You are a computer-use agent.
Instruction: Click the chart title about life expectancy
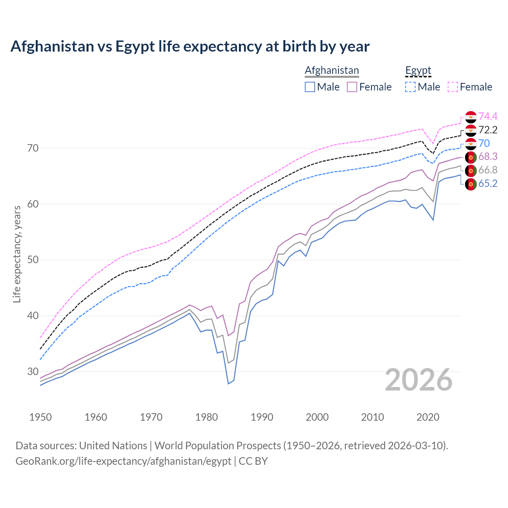[x=190, y=46]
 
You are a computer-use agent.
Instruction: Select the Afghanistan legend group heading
[x=332, y=70]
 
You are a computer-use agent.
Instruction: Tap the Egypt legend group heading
[x=418, y=70]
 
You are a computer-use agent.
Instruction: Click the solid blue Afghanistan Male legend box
[x=310, y=87]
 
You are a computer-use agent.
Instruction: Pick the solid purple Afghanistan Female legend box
[x=352, y=87]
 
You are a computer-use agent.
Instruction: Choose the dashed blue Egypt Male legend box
[x=410, y=87]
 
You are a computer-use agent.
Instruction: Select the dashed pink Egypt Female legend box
[x=453, y=87]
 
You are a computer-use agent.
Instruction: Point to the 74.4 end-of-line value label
[x=488, y=116]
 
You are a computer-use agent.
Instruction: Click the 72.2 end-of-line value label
[x=488, y=130]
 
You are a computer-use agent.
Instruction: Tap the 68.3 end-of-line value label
[x=488, y=157]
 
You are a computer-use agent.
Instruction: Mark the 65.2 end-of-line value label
[x=488, y=183]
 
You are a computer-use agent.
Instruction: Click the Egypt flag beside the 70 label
[x=471, y=144]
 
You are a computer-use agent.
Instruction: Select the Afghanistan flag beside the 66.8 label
[x=471, y=171]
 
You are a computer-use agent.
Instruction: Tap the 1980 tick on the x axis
[x=207, y=417]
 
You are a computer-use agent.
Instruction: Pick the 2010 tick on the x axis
[x=373, y=417]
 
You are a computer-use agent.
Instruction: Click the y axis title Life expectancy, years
[x=17, y=254]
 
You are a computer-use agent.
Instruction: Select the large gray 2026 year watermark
[x=418, y=380]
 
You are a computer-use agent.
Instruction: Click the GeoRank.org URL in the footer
[x=123, y=461]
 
